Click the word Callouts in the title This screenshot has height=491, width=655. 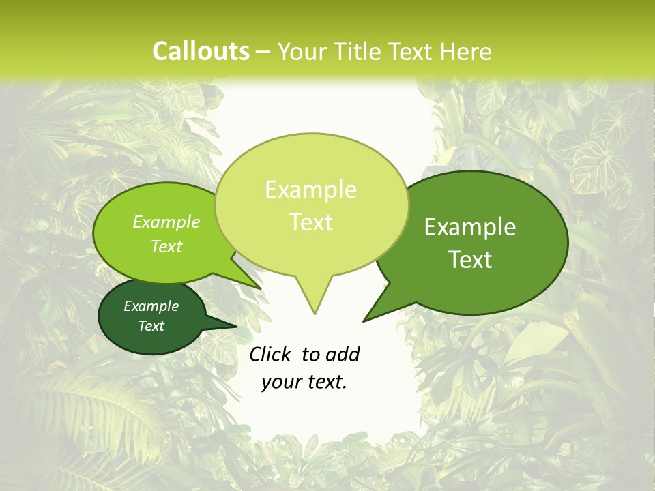201,51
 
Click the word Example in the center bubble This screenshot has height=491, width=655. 310,190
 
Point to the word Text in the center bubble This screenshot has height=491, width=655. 310,222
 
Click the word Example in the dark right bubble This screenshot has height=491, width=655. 470,227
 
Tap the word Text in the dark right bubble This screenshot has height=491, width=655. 470,260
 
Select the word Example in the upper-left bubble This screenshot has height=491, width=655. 166,222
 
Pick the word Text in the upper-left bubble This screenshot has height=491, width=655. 166,246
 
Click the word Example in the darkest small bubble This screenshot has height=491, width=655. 151,306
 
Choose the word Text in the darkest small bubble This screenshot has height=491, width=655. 151,326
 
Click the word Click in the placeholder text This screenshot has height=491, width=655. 272,354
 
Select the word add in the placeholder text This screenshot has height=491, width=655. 343,354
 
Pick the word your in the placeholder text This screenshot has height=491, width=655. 280,383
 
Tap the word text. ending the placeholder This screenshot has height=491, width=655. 325,383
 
